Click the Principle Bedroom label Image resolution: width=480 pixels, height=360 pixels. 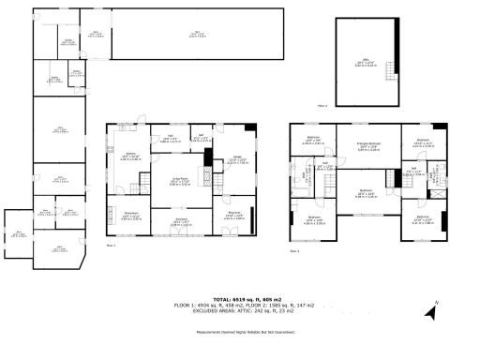coord(359,146)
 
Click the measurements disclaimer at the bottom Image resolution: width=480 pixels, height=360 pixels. coord(240,333)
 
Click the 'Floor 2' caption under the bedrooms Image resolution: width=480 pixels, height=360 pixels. coord(294,251)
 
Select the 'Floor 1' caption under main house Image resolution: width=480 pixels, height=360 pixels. coord(111,245)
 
